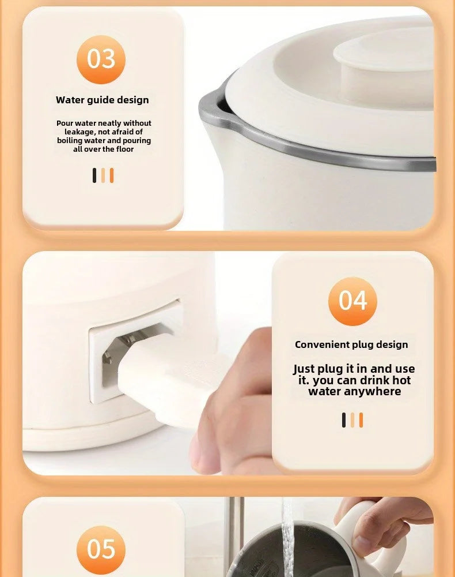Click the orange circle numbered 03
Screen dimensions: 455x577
[x=101, y=59]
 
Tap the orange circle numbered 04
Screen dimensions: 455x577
[x=352, y=301]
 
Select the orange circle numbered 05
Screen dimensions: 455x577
[x=101, y=550]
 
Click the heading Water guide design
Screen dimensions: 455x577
[x=103, y=100]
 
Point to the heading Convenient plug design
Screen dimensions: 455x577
[x=351, y=344]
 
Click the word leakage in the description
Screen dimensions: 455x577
[x=78, y=132]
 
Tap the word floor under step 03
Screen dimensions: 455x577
[x=125, y=149]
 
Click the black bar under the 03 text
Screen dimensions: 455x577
[x=94, y=175]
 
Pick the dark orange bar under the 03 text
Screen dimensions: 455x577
[x=112, y=175]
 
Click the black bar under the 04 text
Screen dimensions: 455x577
[x=344, y=420]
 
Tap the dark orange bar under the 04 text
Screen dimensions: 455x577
[x=361, y=420]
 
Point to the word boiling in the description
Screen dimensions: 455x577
[x=67, y=141]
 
